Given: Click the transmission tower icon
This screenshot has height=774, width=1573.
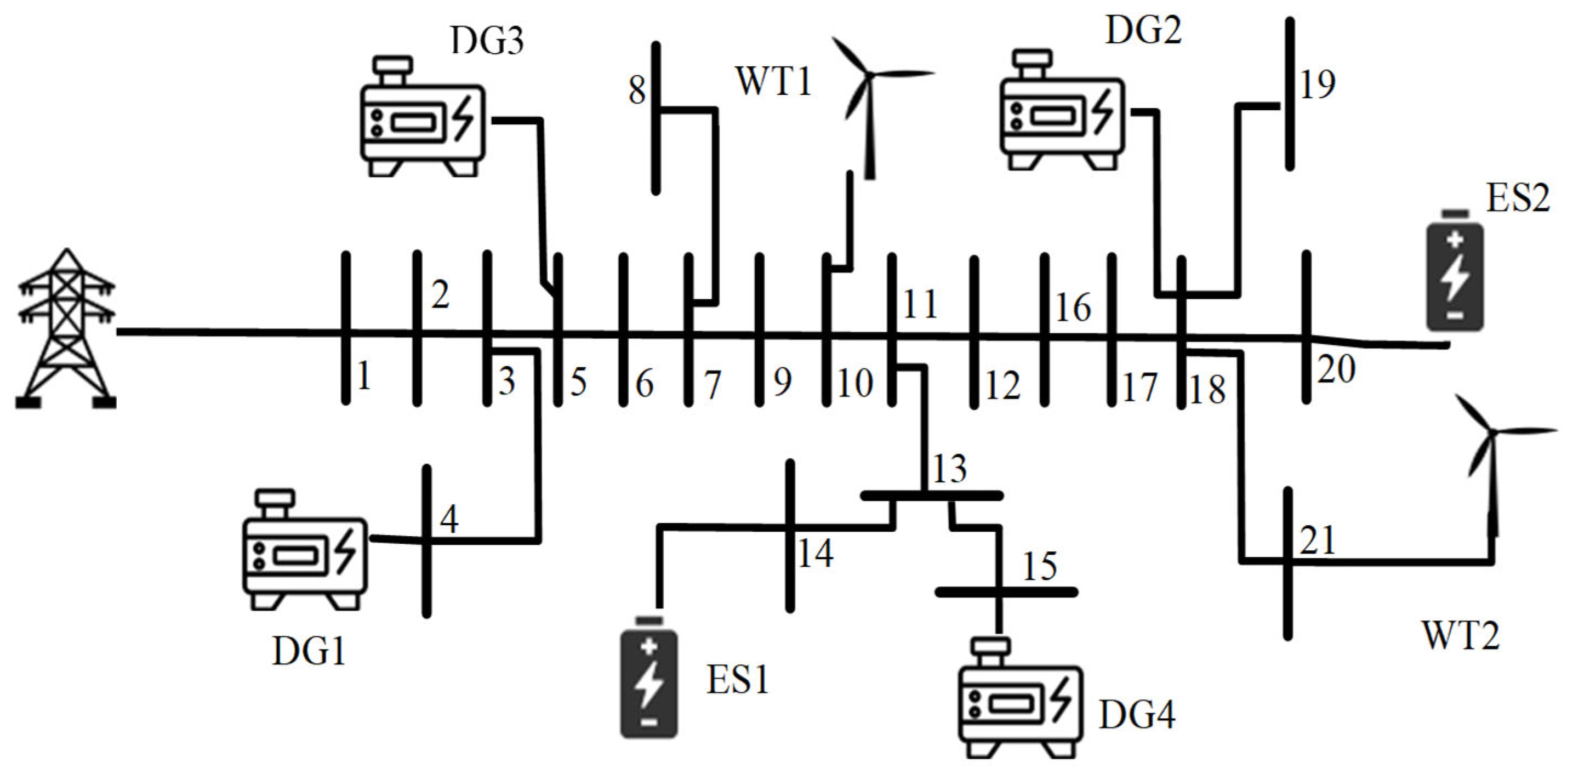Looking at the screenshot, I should [x=66, y=330].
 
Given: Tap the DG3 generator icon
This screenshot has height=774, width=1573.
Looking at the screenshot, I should [x=423, y=117].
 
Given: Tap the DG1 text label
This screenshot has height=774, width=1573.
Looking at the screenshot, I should [x=309, y=651].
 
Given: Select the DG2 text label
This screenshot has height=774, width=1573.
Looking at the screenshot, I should [x=1143, y=31].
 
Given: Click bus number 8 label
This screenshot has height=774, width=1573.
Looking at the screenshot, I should [x=637, y=90].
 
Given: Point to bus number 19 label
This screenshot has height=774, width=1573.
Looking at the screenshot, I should [x=1317, y=84].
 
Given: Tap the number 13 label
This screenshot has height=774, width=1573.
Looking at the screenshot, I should [x=949, y=469].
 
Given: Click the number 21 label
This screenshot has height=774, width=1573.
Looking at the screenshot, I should [x=1317, y=540].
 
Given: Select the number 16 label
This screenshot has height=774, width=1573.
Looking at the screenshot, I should [x=1073, y=308].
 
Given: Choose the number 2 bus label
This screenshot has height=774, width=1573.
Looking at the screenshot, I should [x=440, y=295].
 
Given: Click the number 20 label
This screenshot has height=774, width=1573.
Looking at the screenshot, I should [x=1336, y=369].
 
